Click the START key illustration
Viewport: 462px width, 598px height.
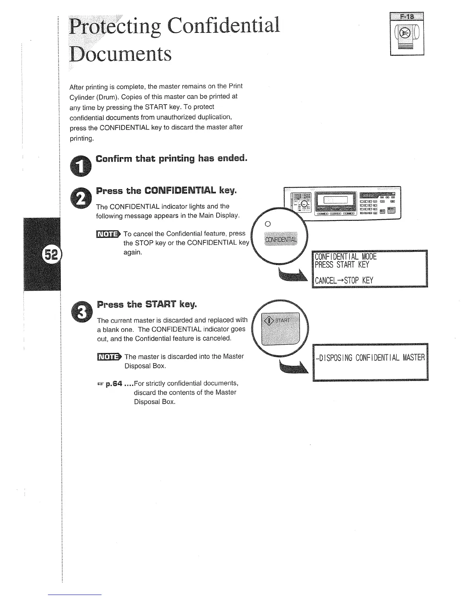point(280,327)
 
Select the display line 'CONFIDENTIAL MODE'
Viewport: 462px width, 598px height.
point(346,257)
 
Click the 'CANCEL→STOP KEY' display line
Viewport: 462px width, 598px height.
point(344,280)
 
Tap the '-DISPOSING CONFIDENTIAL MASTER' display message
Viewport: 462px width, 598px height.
point(370,357)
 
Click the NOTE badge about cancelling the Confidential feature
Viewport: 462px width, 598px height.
point(108,234)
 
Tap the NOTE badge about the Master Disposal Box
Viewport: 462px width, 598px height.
point(109,356)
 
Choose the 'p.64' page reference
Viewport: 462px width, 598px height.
point(114,384)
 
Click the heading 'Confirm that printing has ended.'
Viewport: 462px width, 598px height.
point(172,158)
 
